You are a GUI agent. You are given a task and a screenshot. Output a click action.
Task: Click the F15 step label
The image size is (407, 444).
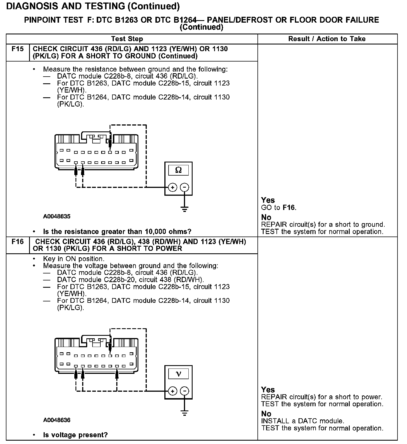click(18, 49)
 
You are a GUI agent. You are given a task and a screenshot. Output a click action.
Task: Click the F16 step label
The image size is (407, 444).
click(18, 242)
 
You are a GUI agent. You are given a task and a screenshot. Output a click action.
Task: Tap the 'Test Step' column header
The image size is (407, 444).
click(127, 39)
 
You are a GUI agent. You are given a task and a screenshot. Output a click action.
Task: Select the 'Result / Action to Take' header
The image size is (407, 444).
click(327, 39)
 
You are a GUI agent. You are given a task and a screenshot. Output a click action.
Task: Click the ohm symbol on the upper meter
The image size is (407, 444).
click(178, 170)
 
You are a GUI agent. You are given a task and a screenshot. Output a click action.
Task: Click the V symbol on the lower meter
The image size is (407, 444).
click(178, 374)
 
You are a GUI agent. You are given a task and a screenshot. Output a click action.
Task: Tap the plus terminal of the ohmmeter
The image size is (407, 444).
click(173, 187)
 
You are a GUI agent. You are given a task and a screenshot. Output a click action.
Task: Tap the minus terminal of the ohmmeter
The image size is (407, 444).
click(184, 187)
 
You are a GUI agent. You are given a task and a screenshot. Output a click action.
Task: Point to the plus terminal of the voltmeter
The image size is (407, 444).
click(173, 391)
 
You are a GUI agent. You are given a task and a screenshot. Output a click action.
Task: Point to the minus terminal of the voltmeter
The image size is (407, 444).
click(184, 391)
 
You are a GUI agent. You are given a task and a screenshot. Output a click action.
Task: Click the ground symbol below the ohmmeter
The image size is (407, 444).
click(184, 209)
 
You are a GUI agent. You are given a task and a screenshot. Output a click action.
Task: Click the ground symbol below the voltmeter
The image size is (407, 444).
click(184, 412)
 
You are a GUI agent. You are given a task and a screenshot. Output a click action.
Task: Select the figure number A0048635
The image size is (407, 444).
click(57, 216)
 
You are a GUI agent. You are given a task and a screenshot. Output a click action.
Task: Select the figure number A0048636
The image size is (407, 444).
click(57, 420)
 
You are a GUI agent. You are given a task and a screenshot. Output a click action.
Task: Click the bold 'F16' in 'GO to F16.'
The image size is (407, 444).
click(289, 208)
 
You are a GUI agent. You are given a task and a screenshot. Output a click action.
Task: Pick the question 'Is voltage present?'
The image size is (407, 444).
click(75, 435)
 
